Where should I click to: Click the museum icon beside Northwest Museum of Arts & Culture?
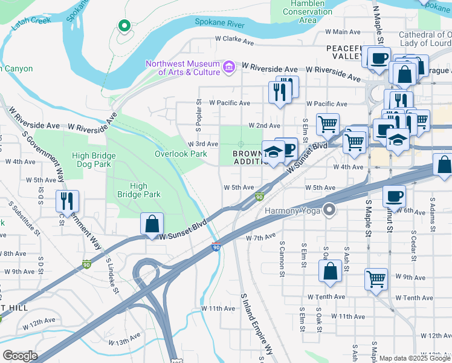(229, 67)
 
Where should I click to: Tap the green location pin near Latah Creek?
(124, 25)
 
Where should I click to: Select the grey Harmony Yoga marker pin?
(329, 211)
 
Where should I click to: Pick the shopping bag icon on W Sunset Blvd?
(152, 223)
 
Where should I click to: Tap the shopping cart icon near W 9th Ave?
(376, 279)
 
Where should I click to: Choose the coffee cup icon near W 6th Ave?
(394, 195)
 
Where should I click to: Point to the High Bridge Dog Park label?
(91, 160)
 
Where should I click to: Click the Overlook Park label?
(181, 154)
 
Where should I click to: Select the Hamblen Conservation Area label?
(308, 11)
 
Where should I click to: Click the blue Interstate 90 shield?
(216, 247)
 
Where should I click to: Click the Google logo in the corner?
(20, 356)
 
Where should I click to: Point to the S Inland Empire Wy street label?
(257, 325)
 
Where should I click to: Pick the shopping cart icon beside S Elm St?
(327, 123)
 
